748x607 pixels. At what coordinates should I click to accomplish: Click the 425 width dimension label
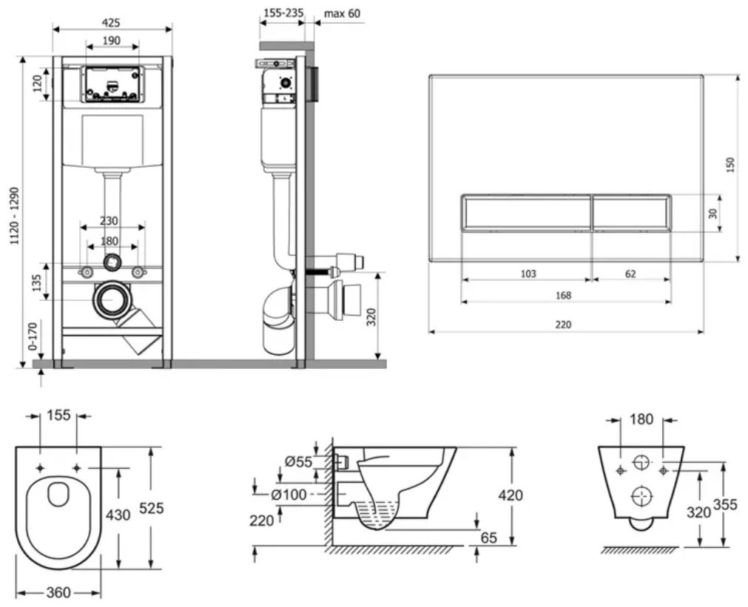click(111, 22)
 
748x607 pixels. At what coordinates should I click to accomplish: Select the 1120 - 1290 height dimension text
click(15, 216)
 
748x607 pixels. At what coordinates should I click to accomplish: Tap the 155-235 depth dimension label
click(283, 13)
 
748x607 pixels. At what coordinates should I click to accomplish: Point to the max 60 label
click(343, 13)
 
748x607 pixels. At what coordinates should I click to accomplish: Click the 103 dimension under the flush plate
click(528, 274)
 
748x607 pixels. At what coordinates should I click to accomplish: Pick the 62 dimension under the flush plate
click(630, 274)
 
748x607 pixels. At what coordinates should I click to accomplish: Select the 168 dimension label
click(563, 295)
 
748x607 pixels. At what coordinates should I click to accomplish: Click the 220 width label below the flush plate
click(563, 325)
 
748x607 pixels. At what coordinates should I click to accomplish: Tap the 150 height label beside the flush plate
click(730, 165)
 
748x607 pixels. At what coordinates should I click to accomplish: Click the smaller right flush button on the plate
click(632, 213)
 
